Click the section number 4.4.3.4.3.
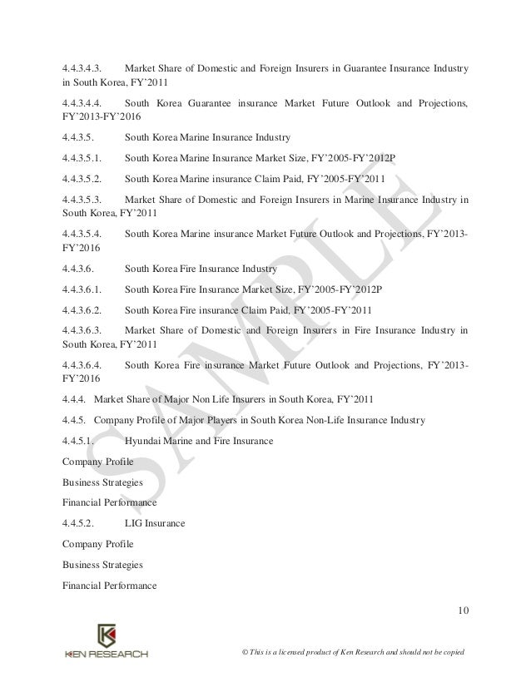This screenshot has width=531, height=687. pyautogui.click(x=83, y=66)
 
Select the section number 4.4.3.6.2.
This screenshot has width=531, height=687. pyautogui.click(x=83, y=309)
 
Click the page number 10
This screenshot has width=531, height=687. pyautogui.click(x=463, y=614)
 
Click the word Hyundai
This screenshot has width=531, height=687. pyautogui.click(x=143, y=440)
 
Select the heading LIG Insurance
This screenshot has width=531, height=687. pyautogui.click(x=154, y=523)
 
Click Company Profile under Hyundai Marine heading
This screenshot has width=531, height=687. pyautogui.click(x=97, y=461)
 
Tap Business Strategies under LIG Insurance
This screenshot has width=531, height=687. pyautogui.click(x=102, y=565)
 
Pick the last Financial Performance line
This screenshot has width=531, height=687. pyautogui.click(x=109, y=586)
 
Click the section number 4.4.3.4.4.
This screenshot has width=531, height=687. pyautogui.click(x=83, y=101)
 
